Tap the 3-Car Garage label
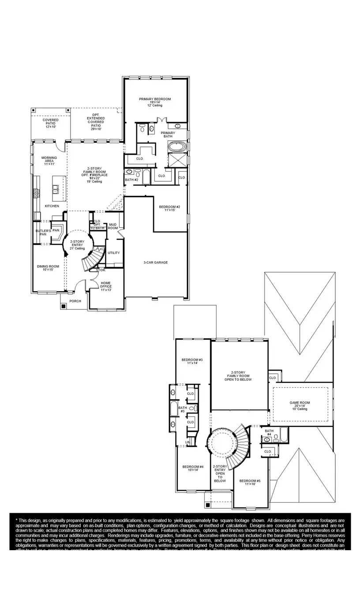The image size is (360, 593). (155, 263)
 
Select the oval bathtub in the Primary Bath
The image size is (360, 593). (178, 146)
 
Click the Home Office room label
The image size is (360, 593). (106, 286)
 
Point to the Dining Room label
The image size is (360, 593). (48, 268)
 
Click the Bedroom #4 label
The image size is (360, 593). (193, 468)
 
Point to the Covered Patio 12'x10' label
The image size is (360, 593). (51, 123)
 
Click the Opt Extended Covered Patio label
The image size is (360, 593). (96, 122)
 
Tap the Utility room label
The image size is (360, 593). (114, 253)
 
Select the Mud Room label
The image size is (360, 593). (113, 226)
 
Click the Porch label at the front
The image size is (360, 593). (75, 302)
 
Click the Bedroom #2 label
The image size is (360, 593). (169, 208)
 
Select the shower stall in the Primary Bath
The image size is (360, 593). (178, 160)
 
